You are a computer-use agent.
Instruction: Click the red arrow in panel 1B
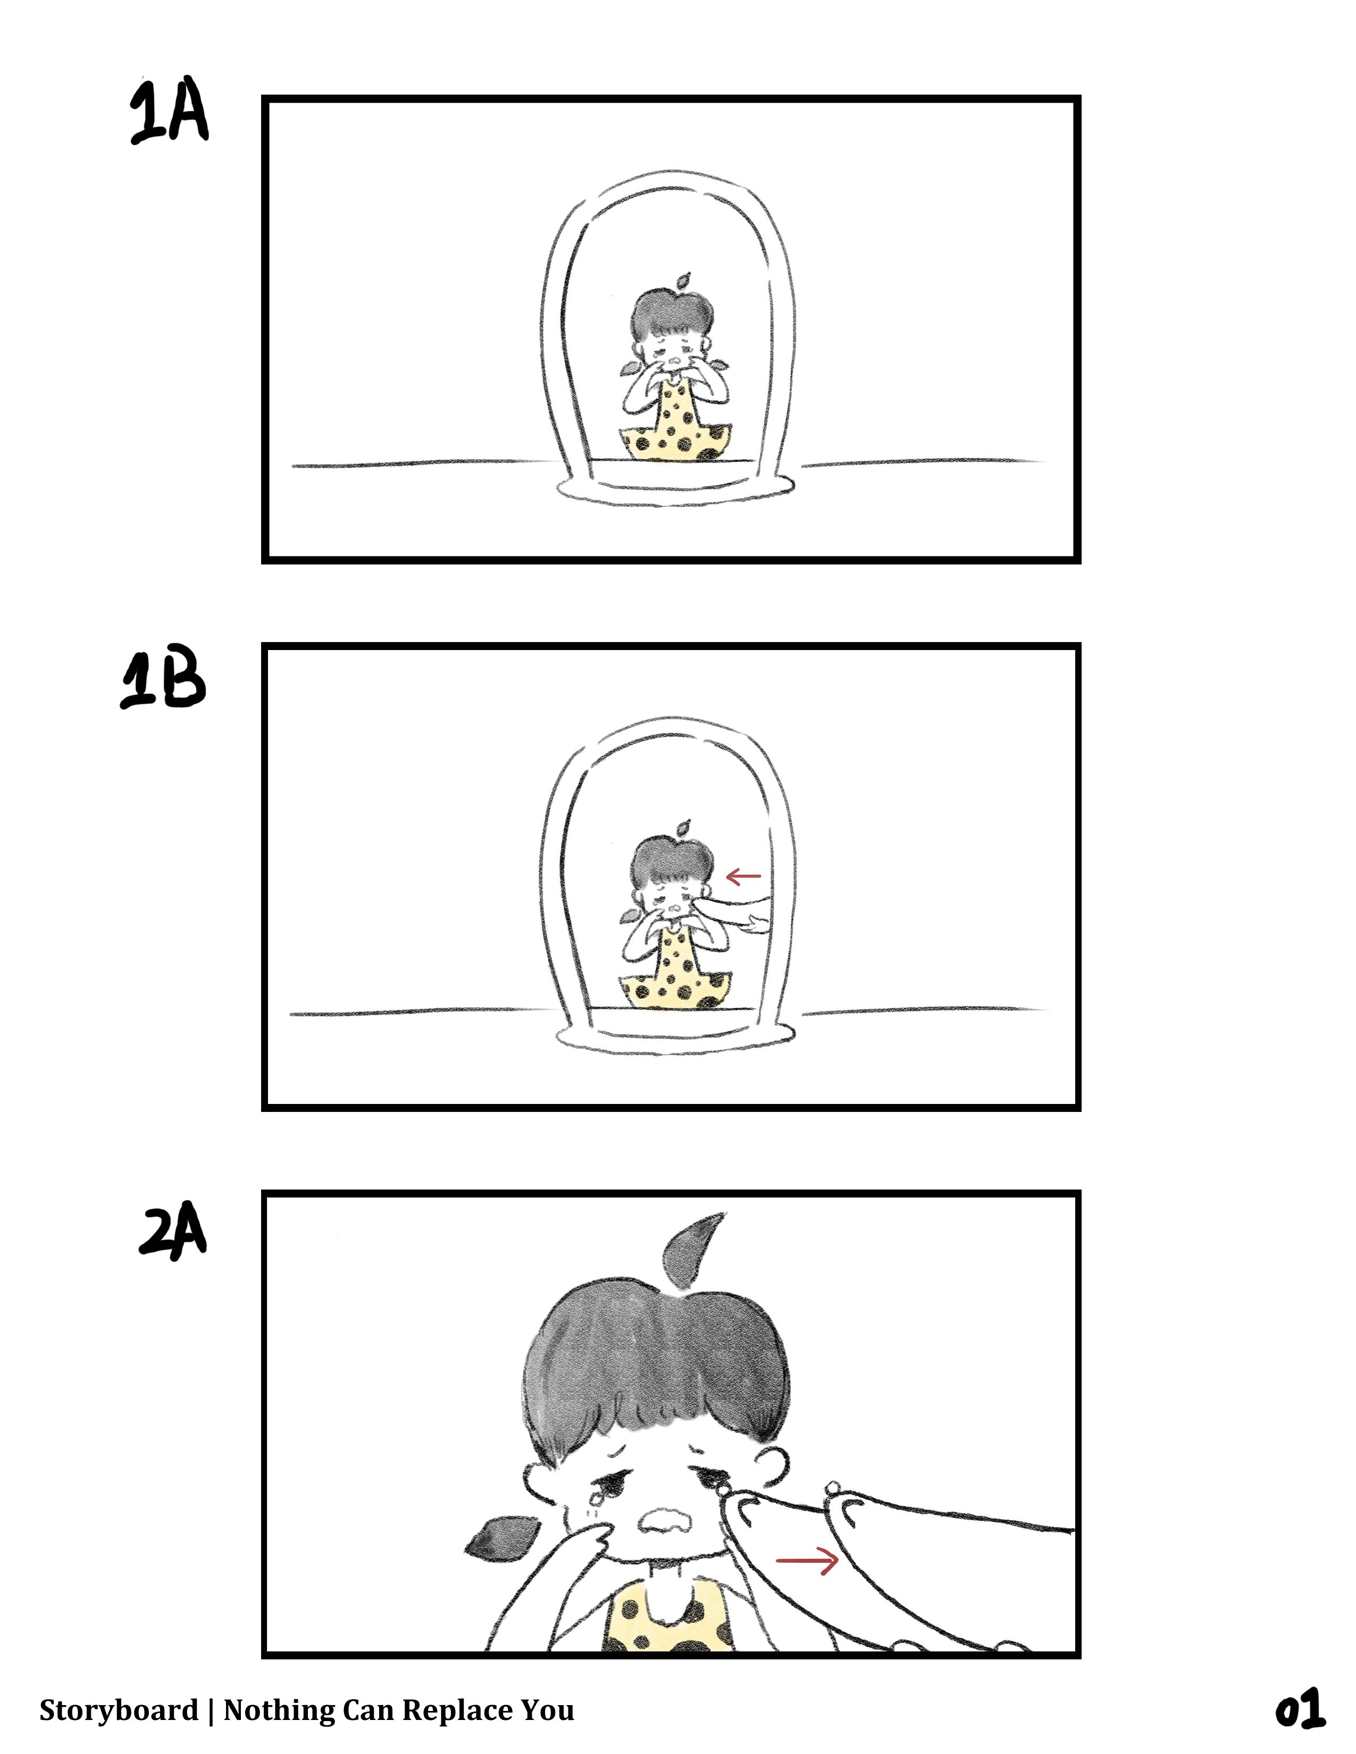click(x=743, y=876)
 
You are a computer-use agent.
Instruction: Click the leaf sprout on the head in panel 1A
click(x=682, y=281)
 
